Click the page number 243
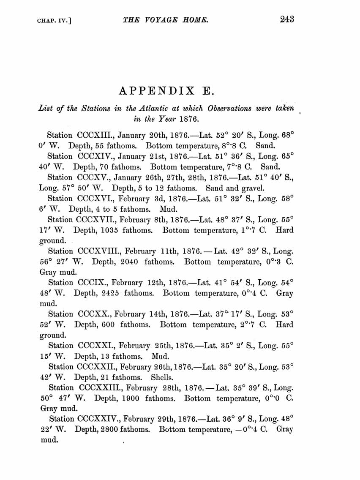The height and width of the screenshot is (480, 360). [x=286, y=20]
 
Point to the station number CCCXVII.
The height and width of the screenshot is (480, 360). [x=98, y=219]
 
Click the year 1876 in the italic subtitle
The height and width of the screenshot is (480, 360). [x=186, y=119]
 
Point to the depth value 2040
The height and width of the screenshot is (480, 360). [x=128, y=262]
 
